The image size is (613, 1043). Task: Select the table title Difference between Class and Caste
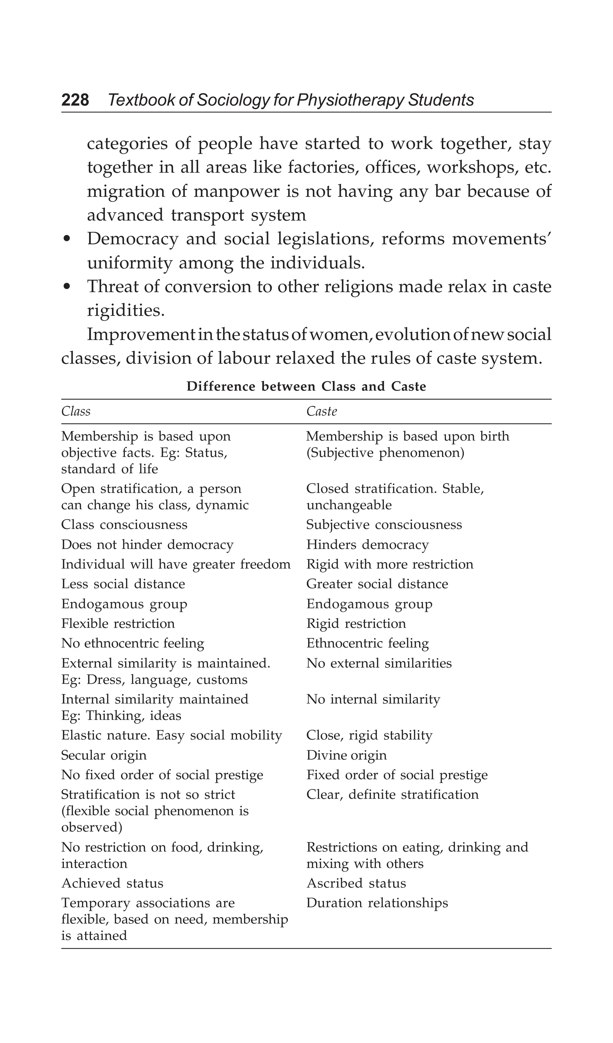pyautogui.click(x=306, y=386)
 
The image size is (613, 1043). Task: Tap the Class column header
pyautogui.click(x=76, y=411)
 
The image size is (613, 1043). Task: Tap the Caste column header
pyautogui.click(x=321, y=411)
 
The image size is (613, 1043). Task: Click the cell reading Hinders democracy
pyautogui.click(x=367, y=544)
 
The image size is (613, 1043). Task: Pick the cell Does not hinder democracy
pyautogui.click(x=147, y=544)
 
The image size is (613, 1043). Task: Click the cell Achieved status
pyautogui.click(x=112, y=883)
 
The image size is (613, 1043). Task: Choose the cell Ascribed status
pyautogui.click(x=356, y=883)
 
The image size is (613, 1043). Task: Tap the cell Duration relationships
pyautogui.click(x=377, y=903)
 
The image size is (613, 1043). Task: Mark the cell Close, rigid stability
pyautogui.click(x=369, y=735)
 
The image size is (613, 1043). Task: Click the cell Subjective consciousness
pyautogui.click(x=383, y=524)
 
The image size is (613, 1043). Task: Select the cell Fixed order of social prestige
pyautogui.click(x=397, y=775)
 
